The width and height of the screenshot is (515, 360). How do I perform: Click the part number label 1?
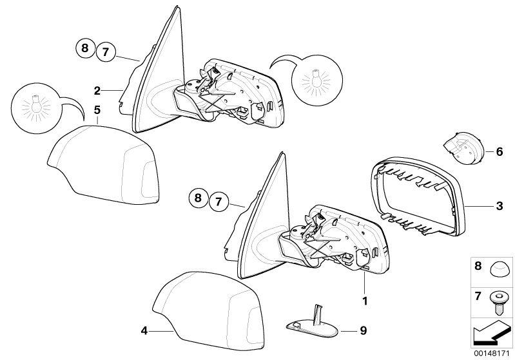(x=365, y=301)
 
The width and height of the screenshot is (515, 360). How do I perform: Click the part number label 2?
(x=97, y=91)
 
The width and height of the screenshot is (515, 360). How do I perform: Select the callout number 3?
(x=500, y=206)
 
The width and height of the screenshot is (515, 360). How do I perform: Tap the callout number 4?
(x=144, y=331)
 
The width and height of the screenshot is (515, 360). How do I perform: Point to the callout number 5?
(x=97, y=110)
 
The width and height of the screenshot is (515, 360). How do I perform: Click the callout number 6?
(x=500, y=151)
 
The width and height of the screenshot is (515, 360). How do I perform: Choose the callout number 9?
(x=364, y=330)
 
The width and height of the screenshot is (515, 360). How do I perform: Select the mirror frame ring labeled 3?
(x=420, y=198)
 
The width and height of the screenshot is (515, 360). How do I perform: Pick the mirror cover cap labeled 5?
(x=103, y=165)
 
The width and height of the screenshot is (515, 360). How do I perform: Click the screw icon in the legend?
(x=497, y=303)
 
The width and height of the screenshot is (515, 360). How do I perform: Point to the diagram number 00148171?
(x=492, y=354)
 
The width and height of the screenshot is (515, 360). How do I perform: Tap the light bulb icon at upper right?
(x=316, y=81)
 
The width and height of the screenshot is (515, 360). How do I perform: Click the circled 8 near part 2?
(x=85, y=48)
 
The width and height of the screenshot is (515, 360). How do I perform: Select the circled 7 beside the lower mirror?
(x=219, y=202)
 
